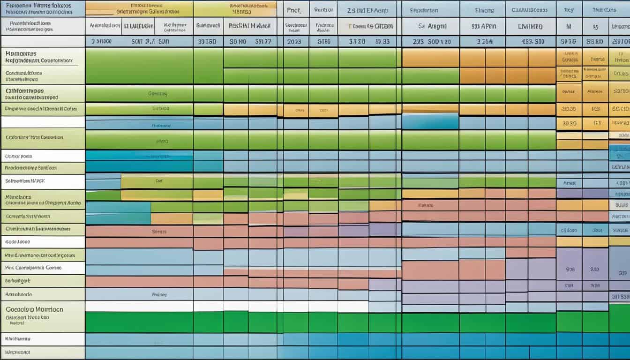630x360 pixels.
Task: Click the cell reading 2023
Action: click(x=294, y=41)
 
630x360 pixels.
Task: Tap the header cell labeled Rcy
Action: click(x=569, y=9)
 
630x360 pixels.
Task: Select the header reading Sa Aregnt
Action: click(x=430, y=26)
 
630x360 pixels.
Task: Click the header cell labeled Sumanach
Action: click(x=208, y=26)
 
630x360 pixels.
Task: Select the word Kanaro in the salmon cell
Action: click(x=426, y=205)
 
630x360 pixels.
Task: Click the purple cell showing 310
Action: click(x=594, y=270)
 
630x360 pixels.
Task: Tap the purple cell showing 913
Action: click(x=570, y=270)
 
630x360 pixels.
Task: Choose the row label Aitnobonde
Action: click(x=18, y=294)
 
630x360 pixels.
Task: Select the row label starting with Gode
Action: click(x=17, y=242)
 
